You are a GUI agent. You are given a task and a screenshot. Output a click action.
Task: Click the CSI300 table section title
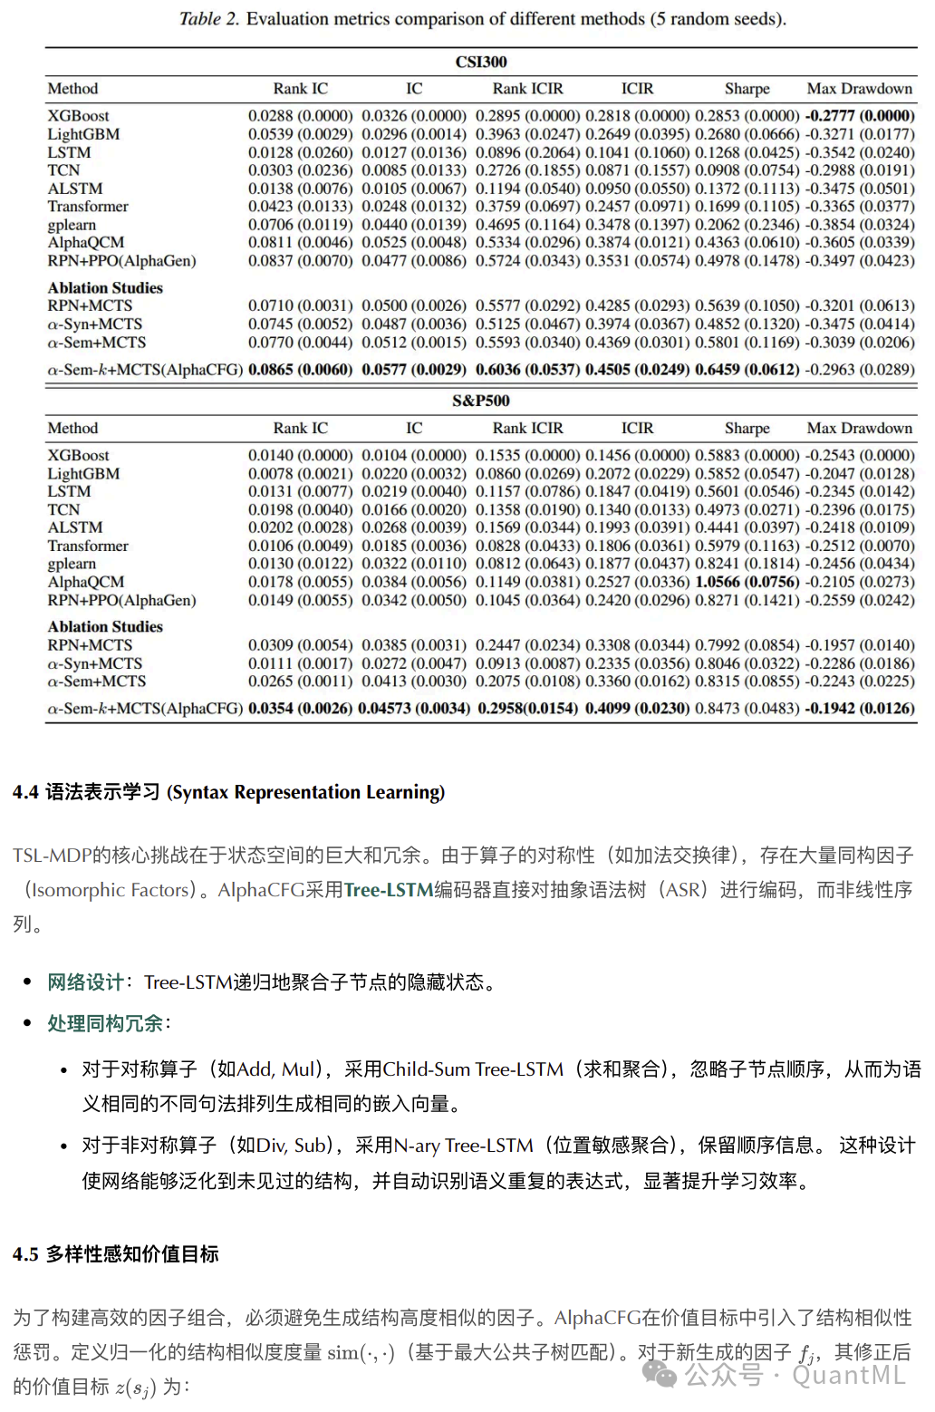(x=481, y=62)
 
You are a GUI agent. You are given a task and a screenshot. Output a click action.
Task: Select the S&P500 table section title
(x=481, y=401)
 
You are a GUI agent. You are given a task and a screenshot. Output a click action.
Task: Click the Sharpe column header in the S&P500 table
(x=747, y=428)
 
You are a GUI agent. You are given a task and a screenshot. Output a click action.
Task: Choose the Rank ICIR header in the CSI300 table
(x=527, y=89)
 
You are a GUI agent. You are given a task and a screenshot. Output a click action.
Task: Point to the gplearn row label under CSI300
(x=72, y=225)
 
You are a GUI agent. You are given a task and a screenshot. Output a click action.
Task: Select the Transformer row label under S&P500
(x=88, y=546)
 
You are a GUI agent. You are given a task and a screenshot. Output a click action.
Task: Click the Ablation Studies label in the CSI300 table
(x=105, y=288)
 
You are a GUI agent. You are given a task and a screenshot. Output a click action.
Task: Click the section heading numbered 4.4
(x=228, y=792)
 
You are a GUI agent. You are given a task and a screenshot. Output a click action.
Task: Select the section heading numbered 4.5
(x=116, y=1254)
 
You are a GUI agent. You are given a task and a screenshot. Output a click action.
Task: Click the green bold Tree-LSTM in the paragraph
(x=389, y=890)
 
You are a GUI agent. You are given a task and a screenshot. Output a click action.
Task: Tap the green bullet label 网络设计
(x=85, y=982)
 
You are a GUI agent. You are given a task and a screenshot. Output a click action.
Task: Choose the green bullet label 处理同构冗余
(x=105, y=1023)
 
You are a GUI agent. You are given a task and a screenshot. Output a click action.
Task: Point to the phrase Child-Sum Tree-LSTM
(x=473, y=1069)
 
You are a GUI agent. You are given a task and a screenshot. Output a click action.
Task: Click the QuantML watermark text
(x=849, y=1375)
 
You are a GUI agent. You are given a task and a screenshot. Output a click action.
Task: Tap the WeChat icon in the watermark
(x=660, y=1375)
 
